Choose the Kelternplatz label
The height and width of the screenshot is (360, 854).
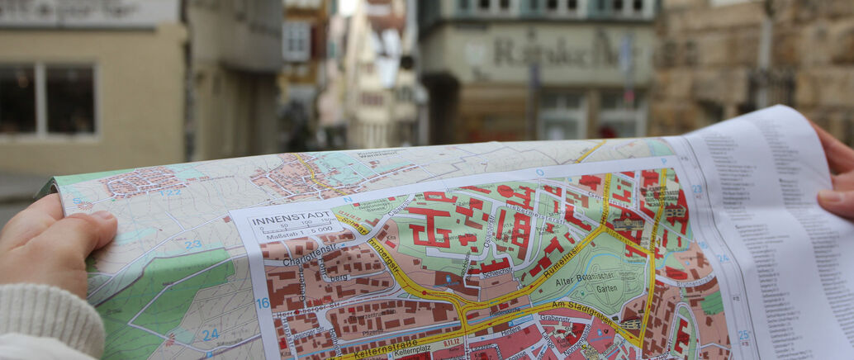(413, 352)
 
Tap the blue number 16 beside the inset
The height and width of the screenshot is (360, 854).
(262, 303)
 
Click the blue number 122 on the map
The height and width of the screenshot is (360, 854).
(170, 192)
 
